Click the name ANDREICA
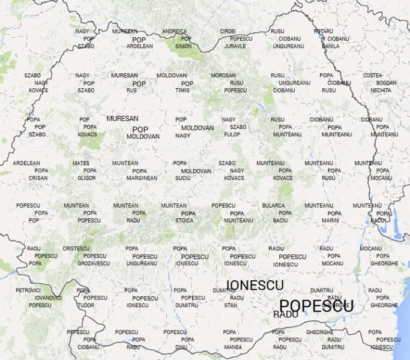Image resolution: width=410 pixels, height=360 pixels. coord(174,31)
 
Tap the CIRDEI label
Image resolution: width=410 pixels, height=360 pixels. coord(228,31)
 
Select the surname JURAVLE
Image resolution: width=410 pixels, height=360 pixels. coord(235,46)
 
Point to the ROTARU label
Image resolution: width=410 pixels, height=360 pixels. coord(323,31)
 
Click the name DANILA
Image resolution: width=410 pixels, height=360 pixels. coord(330,46)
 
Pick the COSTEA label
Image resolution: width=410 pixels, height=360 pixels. coord(372,76)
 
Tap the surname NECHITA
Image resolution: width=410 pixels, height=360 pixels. coord(381,91)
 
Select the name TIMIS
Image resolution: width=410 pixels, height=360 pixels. coord(182,91)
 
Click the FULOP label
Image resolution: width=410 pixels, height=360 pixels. coord(232,134)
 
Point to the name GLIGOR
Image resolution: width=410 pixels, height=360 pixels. coord(86,178)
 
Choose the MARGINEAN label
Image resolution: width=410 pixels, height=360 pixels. coord(142,178)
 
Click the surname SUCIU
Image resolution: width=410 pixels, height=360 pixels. coord(183,178)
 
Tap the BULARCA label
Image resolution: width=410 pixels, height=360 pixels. coord(273,206)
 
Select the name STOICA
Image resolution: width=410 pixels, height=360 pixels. coord(184,221)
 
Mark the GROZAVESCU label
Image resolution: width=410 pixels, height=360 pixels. coord(94,263)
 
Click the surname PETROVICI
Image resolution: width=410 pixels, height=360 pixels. coord(28,290)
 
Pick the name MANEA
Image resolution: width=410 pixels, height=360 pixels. coord(233,347)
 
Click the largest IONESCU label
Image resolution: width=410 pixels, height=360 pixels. coord(255,285)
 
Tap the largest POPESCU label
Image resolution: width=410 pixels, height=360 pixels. coord(316,305)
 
